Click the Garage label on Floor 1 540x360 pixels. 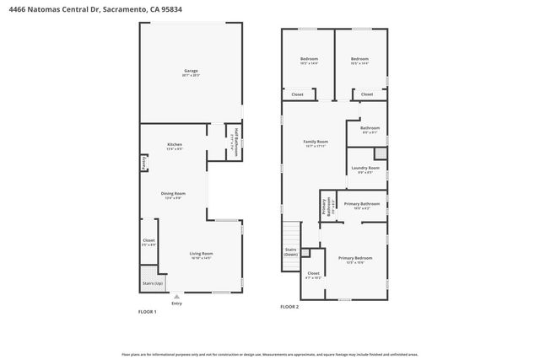191,72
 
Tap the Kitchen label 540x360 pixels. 175,144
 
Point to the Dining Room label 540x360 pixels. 174,193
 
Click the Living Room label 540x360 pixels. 200,254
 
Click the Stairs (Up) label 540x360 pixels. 153,284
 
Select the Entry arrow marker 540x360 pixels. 176,297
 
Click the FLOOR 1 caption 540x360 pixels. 148,311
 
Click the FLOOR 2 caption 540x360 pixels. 289,307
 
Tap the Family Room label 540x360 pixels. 316,142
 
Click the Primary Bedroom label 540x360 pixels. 356,258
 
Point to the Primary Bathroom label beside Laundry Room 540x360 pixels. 362,204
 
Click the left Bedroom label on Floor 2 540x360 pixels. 309,58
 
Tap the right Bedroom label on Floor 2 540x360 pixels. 360,58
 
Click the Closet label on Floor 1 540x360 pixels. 149,240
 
